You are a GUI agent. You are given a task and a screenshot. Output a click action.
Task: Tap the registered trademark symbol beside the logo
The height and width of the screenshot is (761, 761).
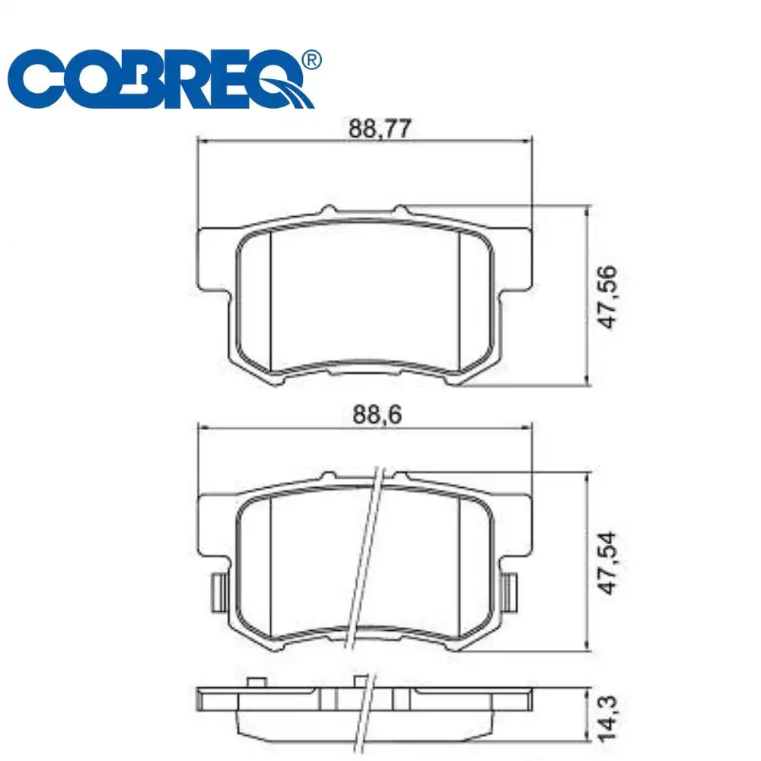311,59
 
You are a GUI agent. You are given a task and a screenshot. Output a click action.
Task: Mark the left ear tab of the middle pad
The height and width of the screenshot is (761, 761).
214,525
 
